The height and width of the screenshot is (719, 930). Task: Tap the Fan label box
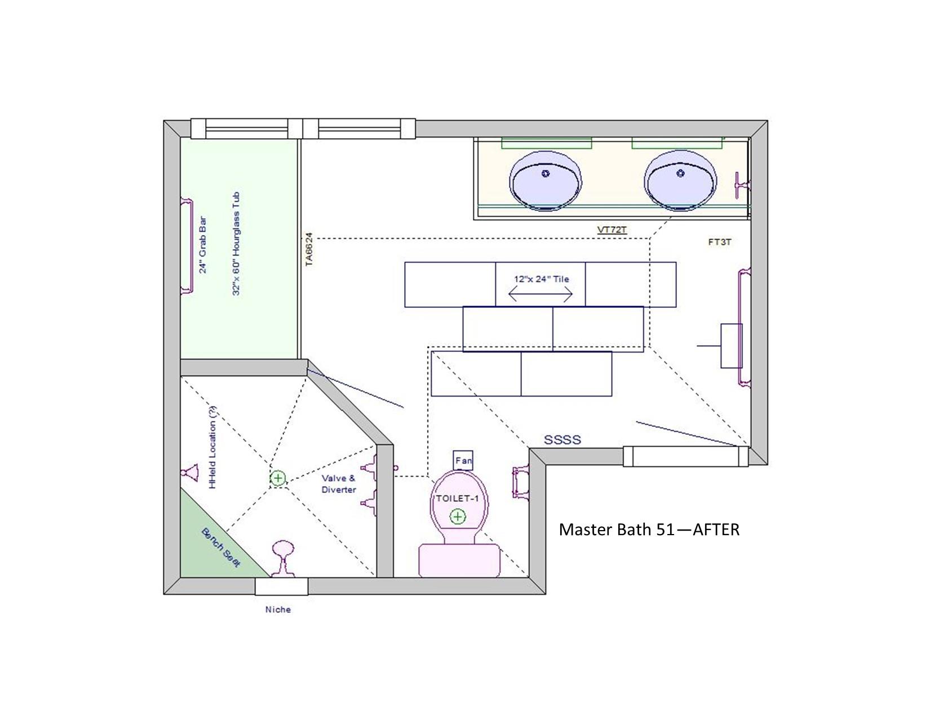(x=463, y=460)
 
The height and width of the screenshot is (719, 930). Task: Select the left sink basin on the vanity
(x=546, y=181)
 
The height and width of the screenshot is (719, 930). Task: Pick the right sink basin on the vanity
(x=680, y=180)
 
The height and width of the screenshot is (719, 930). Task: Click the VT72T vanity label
(x=612, y=230)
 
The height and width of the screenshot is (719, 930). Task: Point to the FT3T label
(x=720, y=242)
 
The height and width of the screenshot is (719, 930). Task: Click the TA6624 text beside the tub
(x=309, y=249)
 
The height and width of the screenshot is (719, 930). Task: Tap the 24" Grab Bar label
(x=203, y=245)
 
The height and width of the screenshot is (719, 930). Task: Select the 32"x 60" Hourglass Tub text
(x=236, y=244)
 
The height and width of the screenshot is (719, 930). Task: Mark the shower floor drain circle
(x=278, y=478)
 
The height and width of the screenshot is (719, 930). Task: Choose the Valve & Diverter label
(x=339, y=484)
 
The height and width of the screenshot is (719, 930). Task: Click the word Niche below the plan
(x=278, y=610)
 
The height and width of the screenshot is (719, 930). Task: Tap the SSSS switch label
(x=563, y=440)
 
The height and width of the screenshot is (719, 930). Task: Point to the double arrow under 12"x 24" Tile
(x=540, y=294)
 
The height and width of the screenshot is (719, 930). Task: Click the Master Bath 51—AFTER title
(x=649, y=530)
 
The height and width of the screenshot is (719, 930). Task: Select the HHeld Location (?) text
(x=212, y=448)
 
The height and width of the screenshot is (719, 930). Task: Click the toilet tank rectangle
(x=459, y=560)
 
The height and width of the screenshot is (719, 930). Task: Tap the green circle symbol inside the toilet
(x=458, y=517)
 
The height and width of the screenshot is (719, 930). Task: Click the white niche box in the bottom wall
(x=281, y=586)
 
